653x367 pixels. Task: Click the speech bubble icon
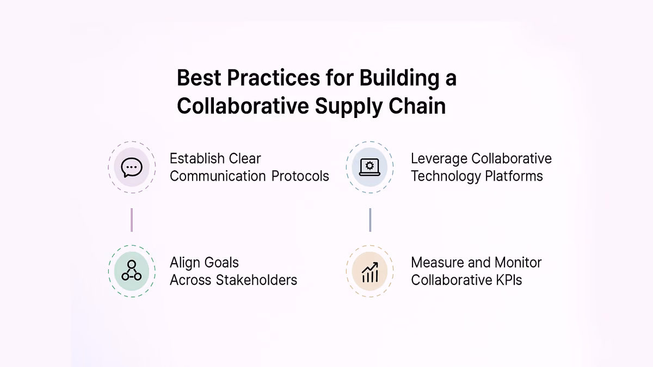click(x=132, y=167)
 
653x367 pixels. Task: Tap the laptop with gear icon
click(x=369, y=167)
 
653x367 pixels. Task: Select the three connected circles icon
click(x=132, y=270)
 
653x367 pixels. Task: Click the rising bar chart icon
click(x=370, y=272)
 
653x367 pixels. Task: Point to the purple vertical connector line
click(x=132, y=220)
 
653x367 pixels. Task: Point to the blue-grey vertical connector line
click(x=370, y=220)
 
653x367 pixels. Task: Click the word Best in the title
click(x=199, y=78)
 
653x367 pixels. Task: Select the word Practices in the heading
click(x=273, y=78)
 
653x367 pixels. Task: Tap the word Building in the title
click(x=399, y=79)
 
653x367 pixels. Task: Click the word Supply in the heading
click(x=349, y=107)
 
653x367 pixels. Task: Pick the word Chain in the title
click(x=417, y=105)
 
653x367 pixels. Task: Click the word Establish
click(x=196, y=159)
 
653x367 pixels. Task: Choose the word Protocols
click(x=300, y=176)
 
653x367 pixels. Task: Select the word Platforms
click(x=514, y=176)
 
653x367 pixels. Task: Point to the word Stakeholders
click(x=256, y=280)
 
